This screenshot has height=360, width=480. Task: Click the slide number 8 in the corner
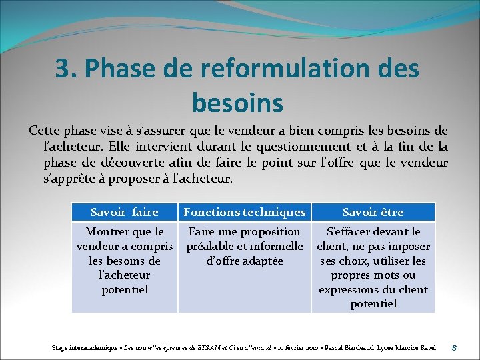click(453, 347)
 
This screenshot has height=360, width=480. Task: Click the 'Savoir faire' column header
click(124, 212)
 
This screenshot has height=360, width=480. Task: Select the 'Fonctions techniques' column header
click(244, 212)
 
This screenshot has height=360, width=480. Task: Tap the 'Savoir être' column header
click(373, 212)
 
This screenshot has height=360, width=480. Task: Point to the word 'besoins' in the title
click(237, 103)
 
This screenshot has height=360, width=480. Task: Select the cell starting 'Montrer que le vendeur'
click(125, 260)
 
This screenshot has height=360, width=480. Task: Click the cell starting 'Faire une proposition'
click(244, 246)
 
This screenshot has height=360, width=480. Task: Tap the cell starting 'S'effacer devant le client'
click(373, 267)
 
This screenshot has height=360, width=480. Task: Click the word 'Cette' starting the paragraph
click(45, 130)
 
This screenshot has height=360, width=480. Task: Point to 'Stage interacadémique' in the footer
click(79, 347)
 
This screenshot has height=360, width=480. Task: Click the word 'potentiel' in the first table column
click(125, 289)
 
